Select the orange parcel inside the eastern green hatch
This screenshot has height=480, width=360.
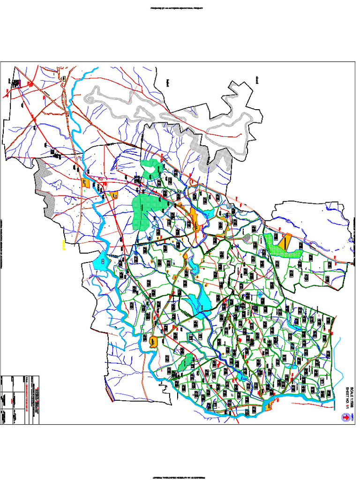pos(284,242)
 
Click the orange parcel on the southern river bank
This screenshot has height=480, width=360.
pos(269,407)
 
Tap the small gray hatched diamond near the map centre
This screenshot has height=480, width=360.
pos(247,239)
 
